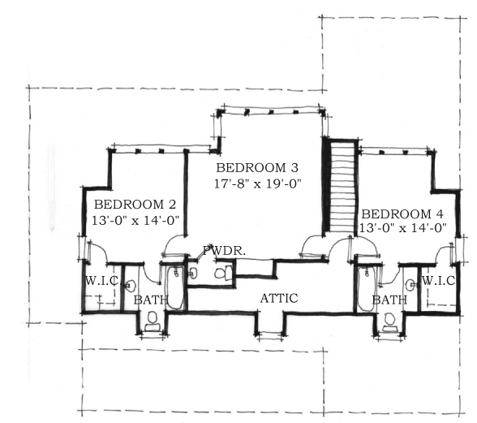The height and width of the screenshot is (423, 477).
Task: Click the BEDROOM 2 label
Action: (135, 205)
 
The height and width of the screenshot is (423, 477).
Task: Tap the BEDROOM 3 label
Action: (257, 168)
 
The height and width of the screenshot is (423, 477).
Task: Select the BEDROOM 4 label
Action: (402, 214)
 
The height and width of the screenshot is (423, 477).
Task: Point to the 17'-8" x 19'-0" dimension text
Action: (257, 183)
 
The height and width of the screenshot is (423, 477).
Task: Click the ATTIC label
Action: (279, 299)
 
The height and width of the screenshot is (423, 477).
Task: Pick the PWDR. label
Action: (224, 251)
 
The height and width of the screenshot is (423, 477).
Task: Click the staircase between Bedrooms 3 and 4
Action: (343, 188)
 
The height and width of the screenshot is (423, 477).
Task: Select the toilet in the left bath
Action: (152, 322)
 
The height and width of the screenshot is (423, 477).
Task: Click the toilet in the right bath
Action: (389, 323)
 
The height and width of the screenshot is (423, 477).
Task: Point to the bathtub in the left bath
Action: (175, 287)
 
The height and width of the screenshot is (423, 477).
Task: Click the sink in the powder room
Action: (193, 273)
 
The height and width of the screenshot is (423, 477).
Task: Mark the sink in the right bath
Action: (411, 285)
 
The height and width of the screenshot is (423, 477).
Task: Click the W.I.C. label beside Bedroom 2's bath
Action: (102, 281)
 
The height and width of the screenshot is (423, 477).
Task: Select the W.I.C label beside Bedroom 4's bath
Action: (439, 280)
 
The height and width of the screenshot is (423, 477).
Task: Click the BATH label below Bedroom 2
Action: (151, 300)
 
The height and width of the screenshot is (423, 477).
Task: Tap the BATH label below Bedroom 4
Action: (389, 300)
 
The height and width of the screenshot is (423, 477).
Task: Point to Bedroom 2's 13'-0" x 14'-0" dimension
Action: (135, 220)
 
